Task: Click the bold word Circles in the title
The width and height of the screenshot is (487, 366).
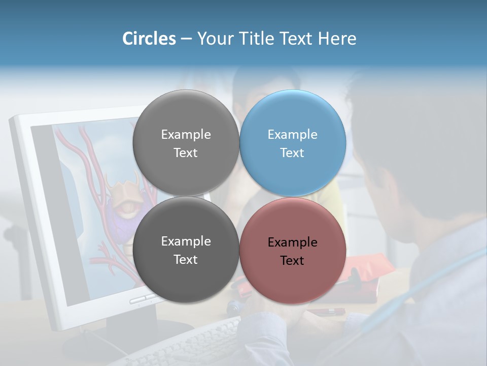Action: [x=149, y=39]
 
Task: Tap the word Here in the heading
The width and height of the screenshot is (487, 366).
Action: [x=337, y=39]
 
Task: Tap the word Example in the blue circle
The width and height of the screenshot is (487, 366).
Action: [x=292, y=135]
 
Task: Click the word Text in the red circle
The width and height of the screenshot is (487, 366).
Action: [x=292, y=261]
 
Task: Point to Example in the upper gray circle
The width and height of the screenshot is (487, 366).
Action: [x=186, y=135]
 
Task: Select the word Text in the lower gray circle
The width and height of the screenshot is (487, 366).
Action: [x=186, y=260]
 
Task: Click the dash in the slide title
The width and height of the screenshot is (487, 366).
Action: [x=186, y=39]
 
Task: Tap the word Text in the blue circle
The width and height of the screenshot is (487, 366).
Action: [x=292, y=153]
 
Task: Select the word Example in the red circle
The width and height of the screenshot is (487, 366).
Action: [x=292, y=242]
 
